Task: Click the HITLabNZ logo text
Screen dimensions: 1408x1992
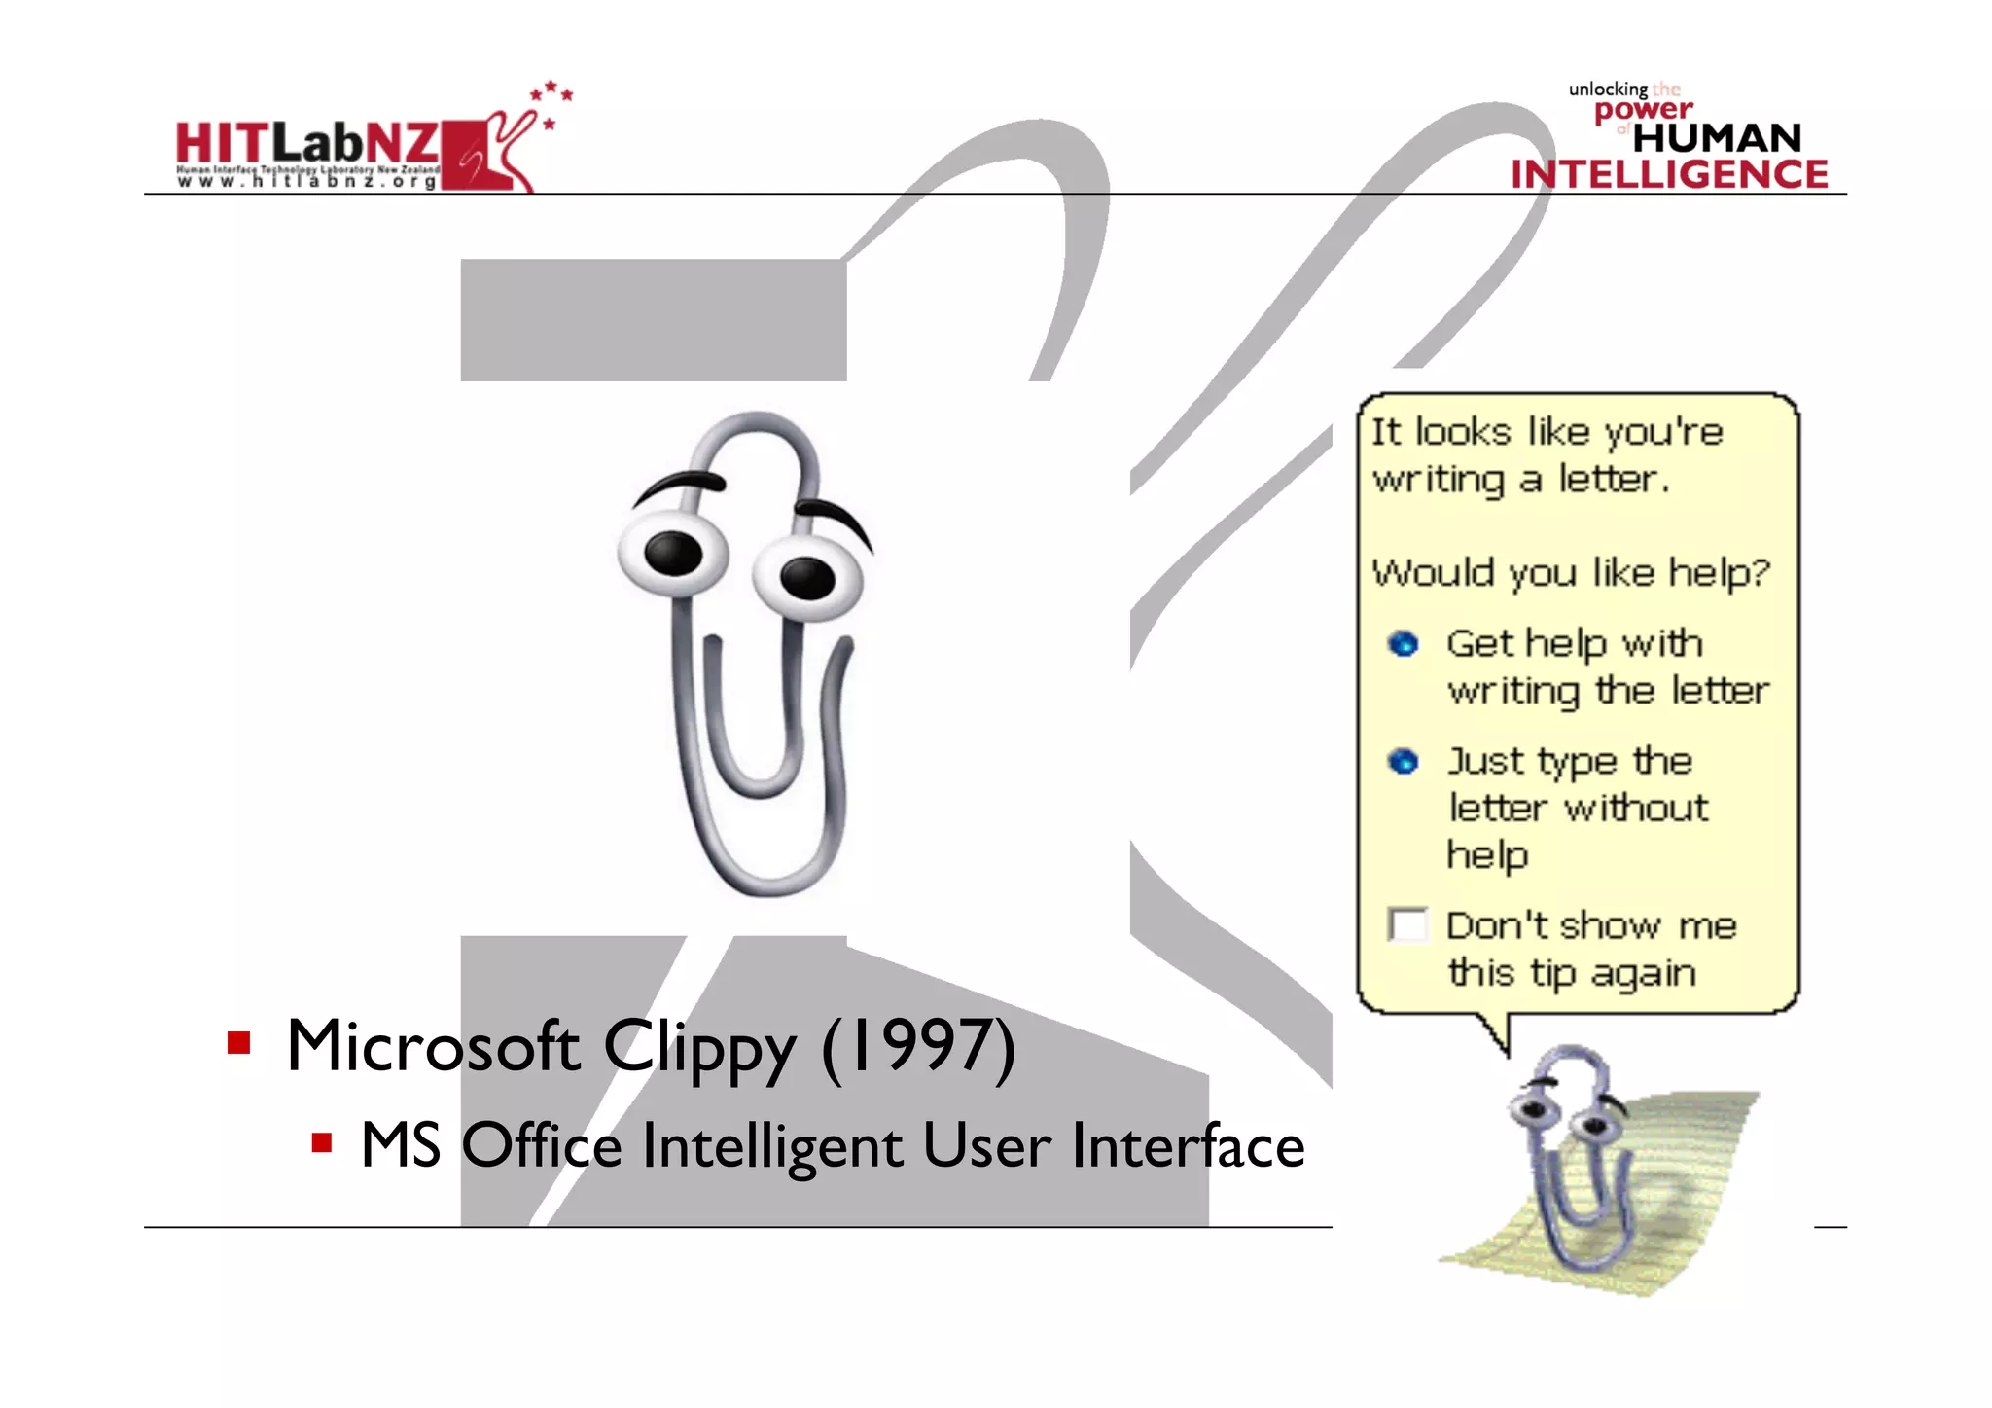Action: pyautogui.click(x=306, y=144)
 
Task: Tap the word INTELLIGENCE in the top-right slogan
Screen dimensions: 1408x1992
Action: pyautogui.click(x=1669, y=174)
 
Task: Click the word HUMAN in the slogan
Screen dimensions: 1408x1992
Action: pyautogui.click(x=1717, y=138)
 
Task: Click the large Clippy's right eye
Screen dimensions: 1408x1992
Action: pyautogui.click(x=807, y=579)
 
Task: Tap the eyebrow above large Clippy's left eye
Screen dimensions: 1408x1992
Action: pyautogui.click(x=681, y=482)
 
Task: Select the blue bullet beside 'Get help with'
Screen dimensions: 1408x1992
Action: pyautogui.click(x=1403, y=643)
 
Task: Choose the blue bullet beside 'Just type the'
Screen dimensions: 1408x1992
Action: pyautogui.click(x=1403, y=761)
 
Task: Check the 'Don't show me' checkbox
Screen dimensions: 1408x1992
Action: pyautogui.click(x=1407, y=924)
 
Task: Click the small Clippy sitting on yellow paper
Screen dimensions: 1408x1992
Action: pyautogui.click(x=1576, y=1158)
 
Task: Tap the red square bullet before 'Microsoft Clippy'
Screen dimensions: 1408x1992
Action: pyautogui.click(x=239, y=1043)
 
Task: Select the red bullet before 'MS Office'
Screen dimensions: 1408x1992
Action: pyautogui.click(x=322, y=1141)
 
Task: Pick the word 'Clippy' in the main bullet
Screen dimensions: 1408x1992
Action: pyautogui.click(x=698, y=1049)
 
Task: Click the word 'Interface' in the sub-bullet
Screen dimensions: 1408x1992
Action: pyautogui.click(x=1188, y=1145)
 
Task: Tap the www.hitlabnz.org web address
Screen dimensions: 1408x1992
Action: pyautogui.click(x=306, y=181)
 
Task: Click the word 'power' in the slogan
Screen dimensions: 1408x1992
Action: pyautogui.click(x=1643, y=110)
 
